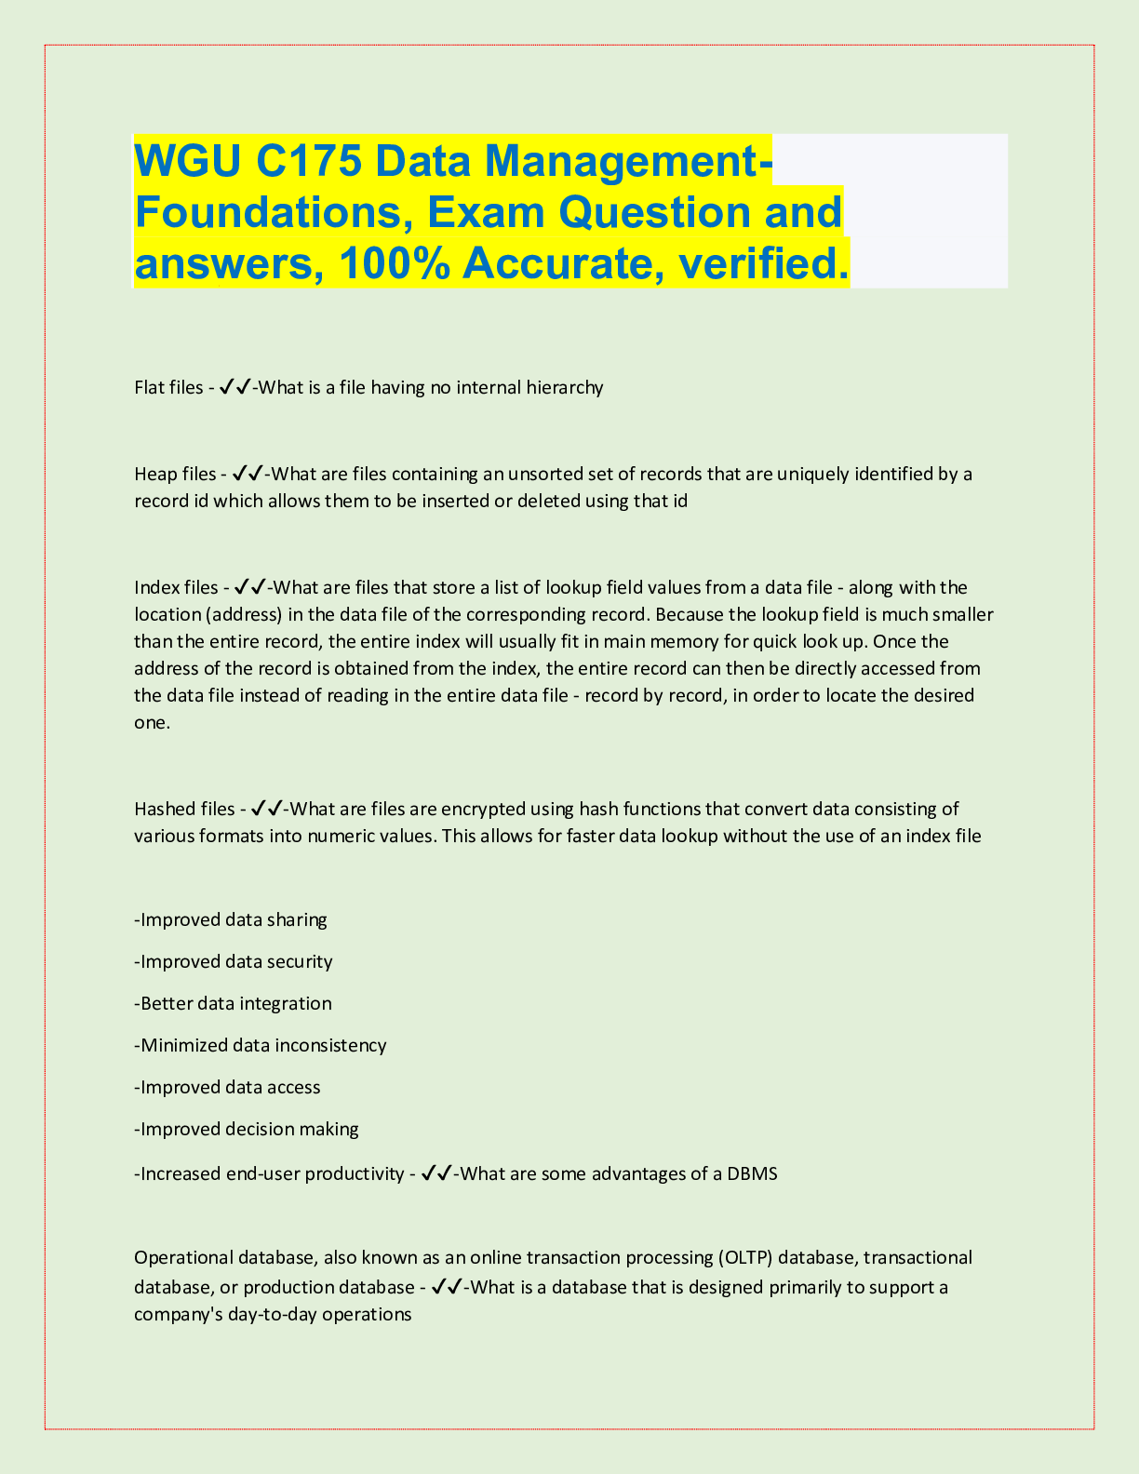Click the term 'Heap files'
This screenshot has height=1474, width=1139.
pyautogui.click(x=174, y=475)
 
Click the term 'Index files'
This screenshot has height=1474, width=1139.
pyautogui.click(x=175, y=587)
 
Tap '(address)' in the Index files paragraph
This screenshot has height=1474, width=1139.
pyautogui.click(x=243, y=615)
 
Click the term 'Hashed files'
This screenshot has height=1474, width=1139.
pyautogui.click(x=183, y=809)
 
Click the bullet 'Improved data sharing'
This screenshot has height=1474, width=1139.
pyautogui.click(x=233, y=920)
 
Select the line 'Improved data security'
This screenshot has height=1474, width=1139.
pyautogui.click(x=235, y=961)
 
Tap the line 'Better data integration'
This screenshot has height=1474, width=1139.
pyautogui.click(x=234, y=1003)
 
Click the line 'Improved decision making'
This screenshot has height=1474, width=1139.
pyautogui.click(x=248, y=1129)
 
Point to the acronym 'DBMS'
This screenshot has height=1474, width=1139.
pyautogui.click(x=752, y=1173)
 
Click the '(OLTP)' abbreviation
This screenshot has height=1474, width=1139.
pyautogui.click(x=744, y=1258)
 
